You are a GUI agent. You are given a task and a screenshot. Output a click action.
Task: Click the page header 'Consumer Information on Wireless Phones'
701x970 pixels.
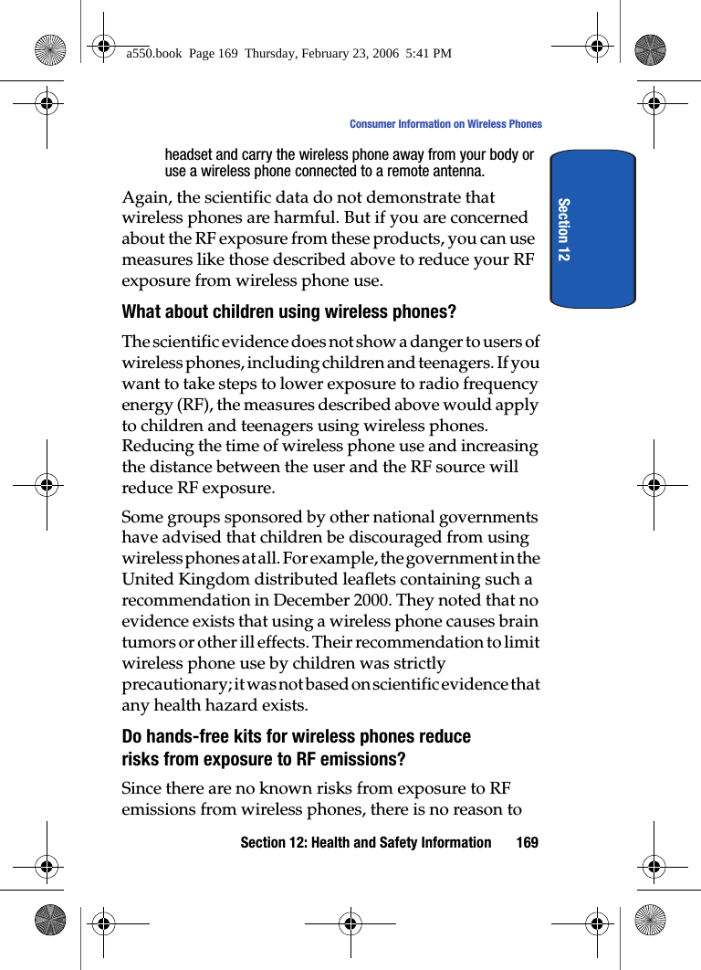[445, 124]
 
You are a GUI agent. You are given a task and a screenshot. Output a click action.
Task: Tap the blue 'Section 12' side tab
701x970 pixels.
[592, 229]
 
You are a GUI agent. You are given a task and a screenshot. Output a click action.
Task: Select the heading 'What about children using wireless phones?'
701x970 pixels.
[288, 312]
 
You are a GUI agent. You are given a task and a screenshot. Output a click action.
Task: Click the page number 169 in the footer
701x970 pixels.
[527, 842]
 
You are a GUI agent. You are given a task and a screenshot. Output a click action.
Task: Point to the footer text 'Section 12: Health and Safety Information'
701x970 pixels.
[365, 842]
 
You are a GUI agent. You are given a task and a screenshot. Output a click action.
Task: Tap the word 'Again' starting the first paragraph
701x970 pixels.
[144, 197]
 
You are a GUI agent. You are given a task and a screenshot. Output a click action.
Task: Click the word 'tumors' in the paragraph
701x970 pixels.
[147, 642]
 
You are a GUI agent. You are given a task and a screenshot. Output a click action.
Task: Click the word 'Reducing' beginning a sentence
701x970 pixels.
[157, 446]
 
